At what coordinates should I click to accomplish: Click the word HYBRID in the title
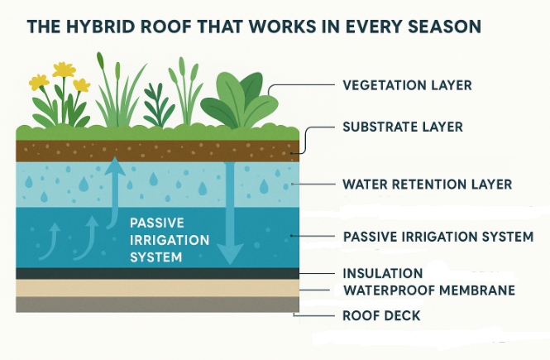point(101,26)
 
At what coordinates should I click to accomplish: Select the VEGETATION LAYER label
point(407,85)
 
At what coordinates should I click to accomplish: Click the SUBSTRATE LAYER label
point(403,127)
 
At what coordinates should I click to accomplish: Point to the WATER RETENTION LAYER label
point(428,185)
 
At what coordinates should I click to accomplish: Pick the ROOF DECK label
point(381,315)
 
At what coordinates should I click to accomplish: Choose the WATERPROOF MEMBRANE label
point(429,290)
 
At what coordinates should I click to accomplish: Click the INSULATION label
point(383,273)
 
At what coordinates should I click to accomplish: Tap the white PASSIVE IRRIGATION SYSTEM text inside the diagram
point(170,240)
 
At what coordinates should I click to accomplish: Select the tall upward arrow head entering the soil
point(114,166)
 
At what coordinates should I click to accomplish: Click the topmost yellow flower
point(64,70)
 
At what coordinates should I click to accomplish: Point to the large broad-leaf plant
point(240,100)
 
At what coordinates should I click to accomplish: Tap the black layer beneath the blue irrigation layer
point(158,273)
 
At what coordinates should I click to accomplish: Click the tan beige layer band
point(158,288)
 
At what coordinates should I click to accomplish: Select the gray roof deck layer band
point(158,305)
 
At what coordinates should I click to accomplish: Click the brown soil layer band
point(158,151)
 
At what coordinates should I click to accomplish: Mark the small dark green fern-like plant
point(158,105)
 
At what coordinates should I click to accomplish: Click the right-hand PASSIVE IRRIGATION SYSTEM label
point(438,237)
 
